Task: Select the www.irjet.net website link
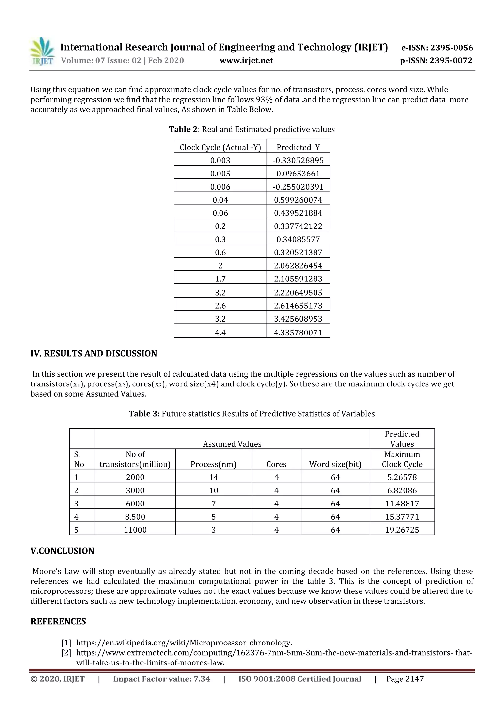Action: (246, 60)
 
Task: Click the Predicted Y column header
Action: (298, 147)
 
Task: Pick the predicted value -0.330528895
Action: (298, 160)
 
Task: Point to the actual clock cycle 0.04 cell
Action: (220, 200)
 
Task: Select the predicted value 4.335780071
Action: (298, 332)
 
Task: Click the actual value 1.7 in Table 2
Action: (220, 279)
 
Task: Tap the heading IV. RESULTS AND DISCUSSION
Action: (94, 354)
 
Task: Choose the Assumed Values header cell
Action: (232, 444)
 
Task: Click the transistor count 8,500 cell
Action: (135, 517)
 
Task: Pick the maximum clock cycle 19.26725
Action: (402, 530)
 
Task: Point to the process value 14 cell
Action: (213, 477)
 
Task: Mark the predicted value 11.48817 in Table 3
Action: (402, 504)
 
